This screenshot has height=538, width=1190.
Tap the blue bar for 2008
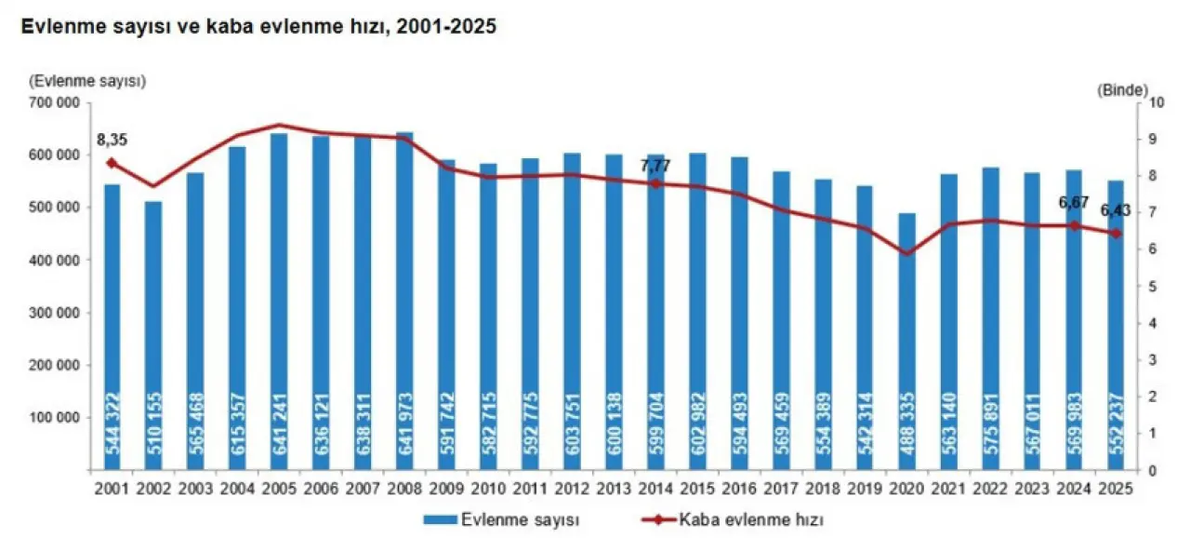coord(404,298)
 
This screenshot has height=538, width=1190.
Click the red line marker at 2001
coord(112,163)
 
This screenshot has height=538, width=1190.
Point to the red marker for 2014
coord(655,183)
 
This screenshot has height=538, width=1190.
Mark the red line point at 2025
coord(1116,233)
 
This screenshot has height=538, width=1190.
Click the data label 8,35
coord(112,141)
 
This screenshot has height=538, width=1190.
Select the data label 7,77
coord(654,166)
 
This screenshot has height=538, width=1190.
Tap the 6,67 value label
coord(1073,202)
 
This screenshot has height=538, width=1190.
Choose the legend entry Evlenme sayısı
coord(509,518)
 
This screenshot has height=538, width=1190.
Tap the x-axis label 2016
coord(739,488)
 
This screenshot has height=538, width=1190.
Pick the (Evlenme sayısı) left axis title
coord(87,81)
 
